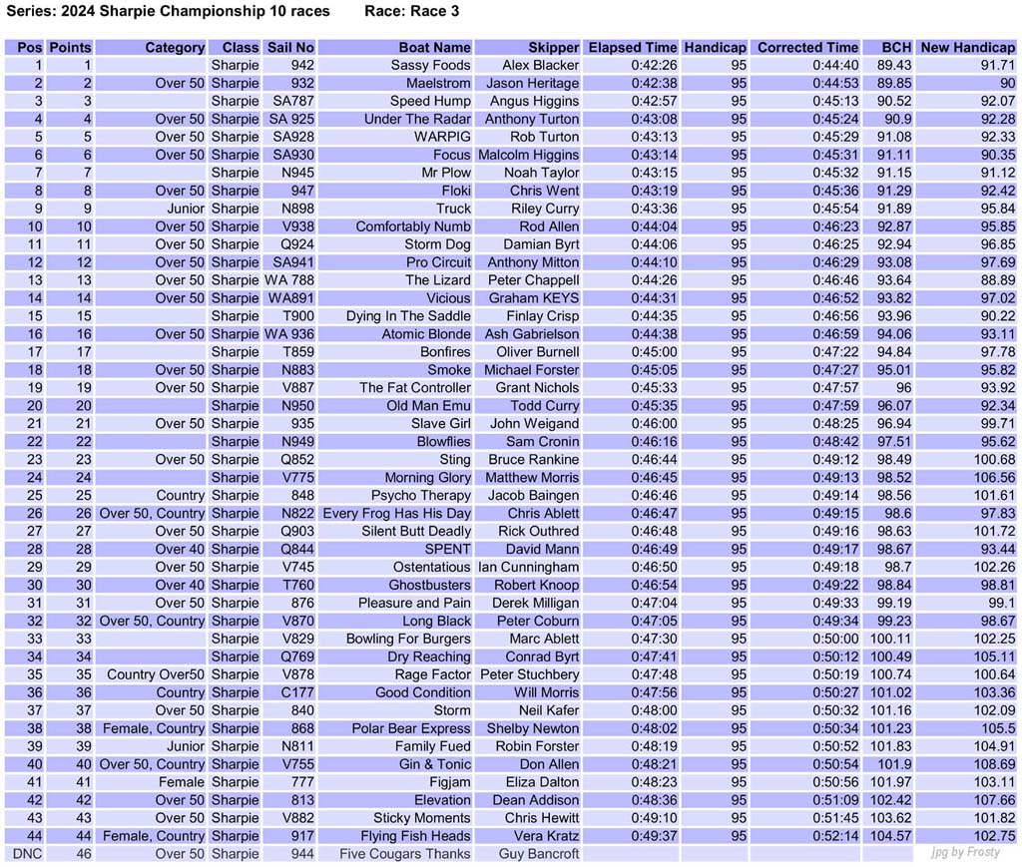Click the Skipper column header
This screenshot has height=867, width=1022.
pyautogui.click(x=554, y=47)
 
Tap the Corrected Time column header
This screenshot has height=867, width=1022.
pyautogui.click(x=807, y=47)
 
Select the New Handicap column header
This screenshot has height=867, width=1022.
pyautogui.click(x=967, y=47)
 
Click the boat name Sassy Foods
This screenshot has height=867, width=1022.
pyautogui.click(x=430, y=65)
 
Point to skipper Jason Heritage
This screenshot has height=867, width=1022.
pyautogui.click(x=532, y=83)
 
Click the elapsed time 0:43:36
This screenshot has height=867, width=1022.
pyautogui.click(x=654, y=209)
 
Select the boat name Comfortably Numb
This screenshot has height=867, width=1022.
pyautogui.click(x=413, y=226)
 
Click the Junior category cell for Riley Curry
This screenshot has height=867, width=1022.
pyautogui.click(x=186, y=209)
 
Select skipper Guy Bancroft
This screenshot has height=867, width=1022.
pyautogui.click(x=539, y=853)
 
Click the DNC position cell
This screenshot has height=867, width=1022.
pyautogui.click(x=25, y=853)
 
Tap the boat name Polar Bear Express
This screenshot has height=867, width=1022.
pyautogui.click(x=411, y=728)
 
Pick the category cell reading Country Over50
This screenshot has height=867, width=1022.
pyautogui.click(x=156, y=674)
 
